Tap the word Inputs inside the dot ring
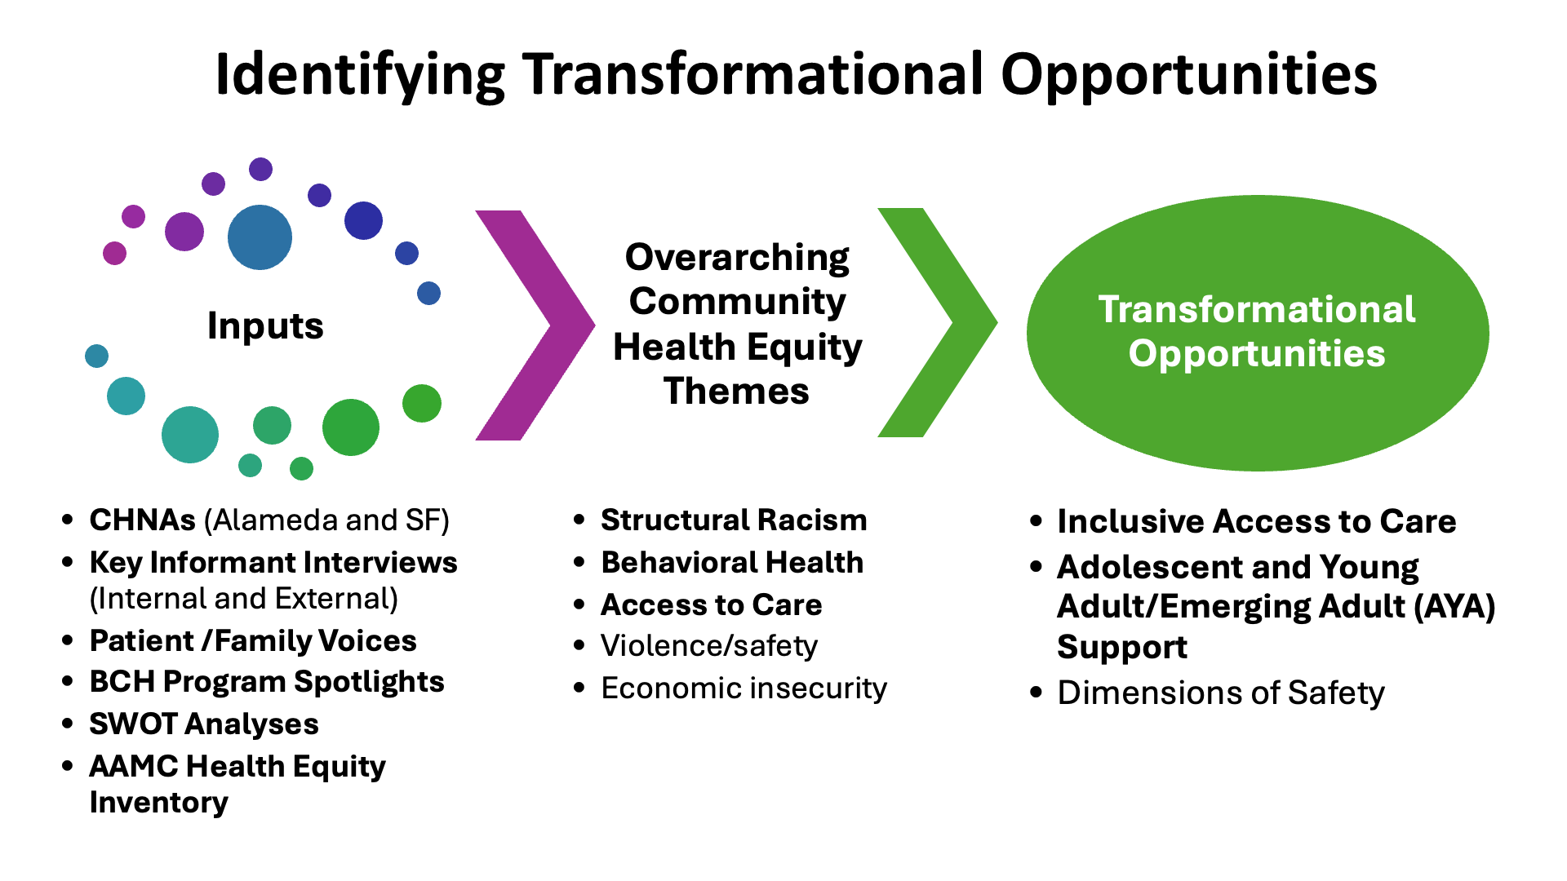[265, 326]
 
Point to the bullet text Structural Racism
[734, 520]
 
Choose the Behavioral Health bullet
[732, 562]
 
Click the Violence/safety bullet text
[709, 646]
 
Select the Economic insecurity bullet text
[744, 688]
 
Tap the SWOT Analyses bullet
[204, 724]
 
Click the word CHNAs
[143, 520]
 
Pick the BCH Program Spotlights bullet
[267, 682]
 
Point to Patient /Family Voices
[253, 640]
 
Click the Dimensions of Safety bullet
[1221, 693]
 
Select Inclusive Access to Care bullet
[1257, 521]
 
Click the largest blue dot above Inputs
[260, 237]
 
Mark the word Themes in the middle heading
[736, 391]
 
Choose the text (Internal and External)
[244, 599]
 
